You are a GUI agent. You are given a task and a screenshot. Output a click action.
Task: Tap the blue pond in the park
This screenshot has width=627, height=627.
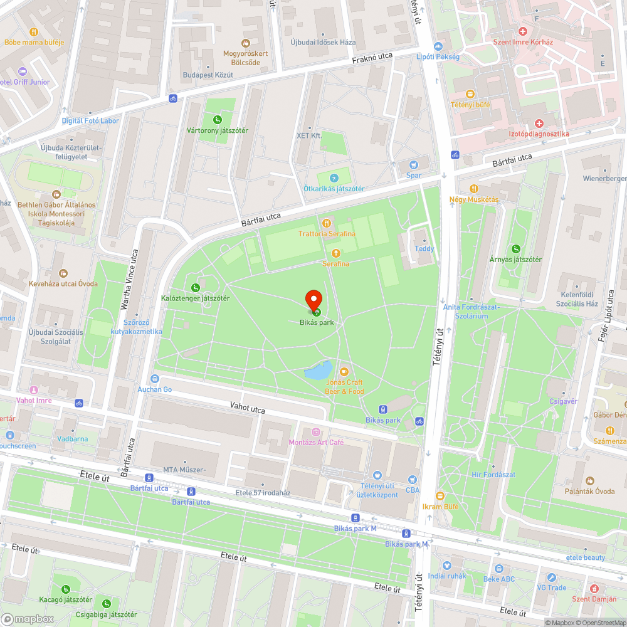click(318, 371)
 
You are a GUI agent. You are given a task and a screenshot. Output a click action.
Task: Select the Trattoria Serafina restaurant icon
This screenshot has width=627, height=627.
click(326, 223)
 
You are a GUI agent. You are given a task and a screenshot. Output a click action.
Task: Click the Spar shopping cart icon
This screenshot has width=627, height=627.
click(413, 164)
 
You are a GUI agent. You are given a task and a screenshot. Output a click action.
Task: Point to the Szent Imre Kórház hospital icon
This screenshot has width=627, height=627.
click(522, 31)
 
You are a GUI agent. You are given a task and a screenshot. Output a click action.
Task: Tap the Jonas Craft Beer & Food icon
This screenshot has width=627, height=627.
click(344, 371)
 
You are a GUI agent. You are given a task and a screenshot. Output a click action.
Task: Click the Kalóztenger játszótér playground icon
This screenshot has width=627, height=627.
click(195, 287)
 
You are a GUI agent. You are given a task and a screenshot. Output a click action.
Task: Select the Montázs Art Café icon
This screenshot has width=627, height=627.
click(316, 431)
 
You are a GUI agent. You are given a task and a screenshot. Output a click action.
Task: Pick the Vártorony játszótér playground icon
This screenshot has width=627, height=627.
click(217, 119)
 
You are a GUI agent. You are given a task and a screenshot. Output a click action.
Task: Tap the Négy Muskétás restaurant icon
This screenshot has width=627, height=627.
click(474, 188)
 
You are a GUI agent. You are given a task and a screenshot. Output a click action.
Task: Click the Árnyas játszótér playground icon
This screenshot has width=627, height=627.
click(516, 248)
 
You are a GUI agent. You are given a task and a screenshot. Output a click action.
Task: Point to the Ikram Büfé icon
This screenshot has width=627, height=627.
click(440, 495)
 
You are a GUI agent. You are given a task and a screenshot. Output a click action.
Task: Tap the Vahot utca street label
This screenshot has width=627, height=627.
click(247, 409)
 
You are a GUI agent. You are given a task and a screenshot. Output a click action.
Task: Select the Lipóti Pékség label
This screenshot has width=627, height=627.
click(438, 57)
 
